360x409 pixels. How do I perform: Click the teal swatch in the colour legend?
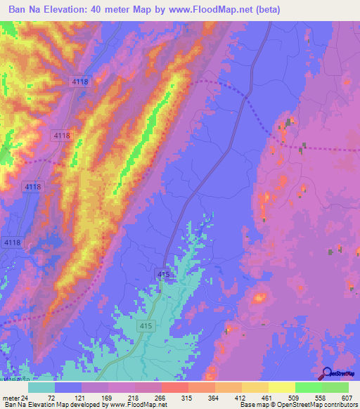click(41, 387)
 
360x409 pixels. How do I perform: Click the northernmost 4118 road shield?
click(80, 82)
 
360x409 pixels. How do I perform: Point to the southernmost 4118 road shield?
click(13, 242)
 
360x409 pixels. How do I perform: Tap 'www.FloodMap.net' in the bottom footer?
click(139, 405)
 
